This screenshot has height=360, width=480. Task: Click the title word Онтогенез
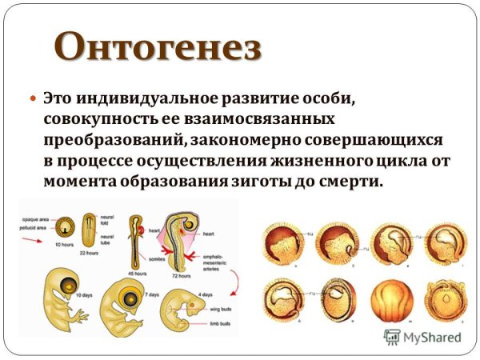pos(159,46)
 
